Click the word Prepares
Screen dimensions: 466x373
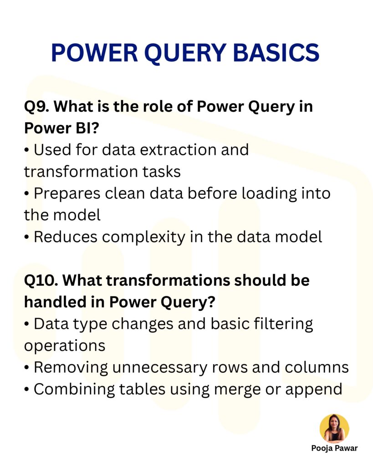click(67, 193)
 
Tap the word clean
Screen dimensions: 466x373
click(132, 193)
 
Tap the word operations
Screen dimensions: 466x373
click(65, 345)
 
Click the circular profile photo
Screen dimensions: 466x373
click(334, 428)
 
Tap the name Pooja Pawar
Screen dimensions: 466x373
click(334, 448)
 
